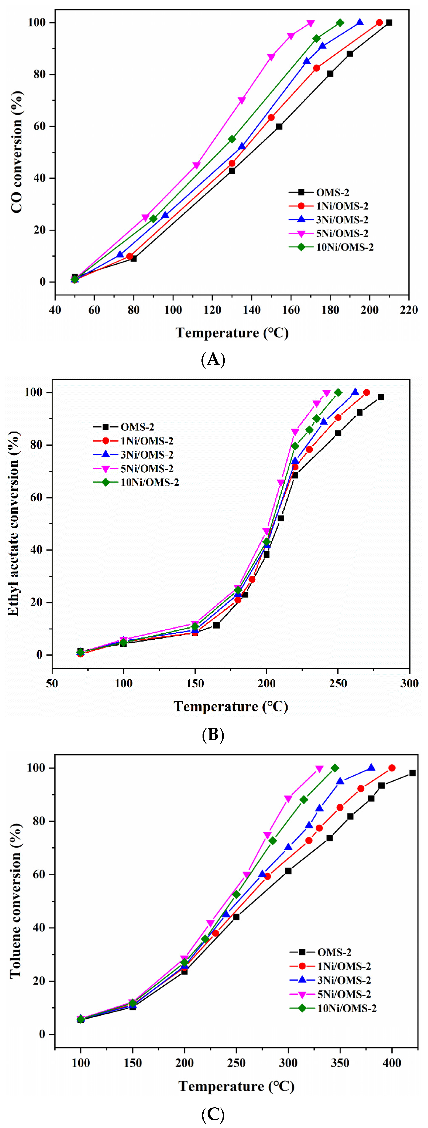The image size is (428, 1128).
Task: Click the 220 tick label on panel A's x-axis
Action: pyautogui.click(x=409, y=310)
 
